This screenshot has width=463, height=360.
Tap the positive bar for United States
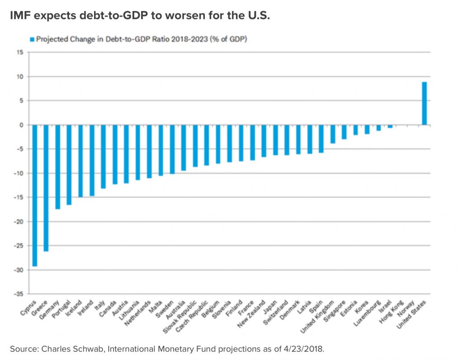point(425,103)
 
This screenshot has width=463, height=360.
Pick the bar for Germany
point(58,167)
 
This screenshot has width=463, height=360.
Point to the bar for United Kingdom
point(333,134)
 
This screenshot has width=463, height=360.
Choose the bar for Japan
point(275,140)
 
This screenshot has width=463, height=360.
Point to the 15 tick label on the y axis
point(20,52)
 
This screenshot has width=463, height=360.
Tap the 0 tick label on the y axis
point(22,125)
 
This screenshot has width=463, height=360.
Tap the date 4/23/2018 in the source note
point(306,348)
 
